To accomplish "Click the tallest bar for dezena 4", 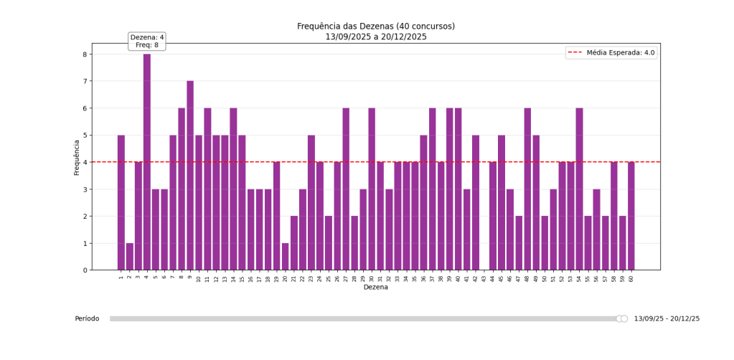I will pyautogui.click(x=147, y=161).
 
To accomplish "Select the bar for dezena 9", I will pyautogui.click(x=190, y=175).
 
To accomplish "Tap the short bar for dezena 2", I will pyautogui.click(x=130, y=256).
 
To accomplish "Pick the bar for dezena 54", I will pyautogui.click(x=579, y=189).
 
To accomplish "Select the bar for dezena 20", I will pyautogui.click(x=286, y=256).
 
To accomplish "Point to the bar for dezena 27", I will pyautogui.click(x=346, y=189).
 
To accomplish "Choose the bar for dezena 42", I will pyautogui.click(x=476, y=202).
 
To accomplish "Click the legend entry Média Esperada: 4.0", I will pyautogui.click(x=611, y=52).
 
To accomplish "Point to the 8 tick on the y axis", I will pyautogui.click(x=84, y=55).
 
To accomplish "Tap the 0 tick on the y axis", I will pyautogui.click(x=84, y=270).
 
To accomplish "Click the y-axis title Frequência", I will pyautogui.click(x=76, y=157).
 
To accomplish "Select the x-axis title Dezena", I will pyautogui.click(x=375, y=287).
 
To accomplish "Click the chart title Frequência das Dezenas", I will pyautogui.click(x=375, y=27).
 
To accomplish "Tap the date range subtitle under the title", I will pyautogui.click(x=375, y=37).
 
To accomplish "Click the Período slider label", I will pyautogui.click(x=87, y=318).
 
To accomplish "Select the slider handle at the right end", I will pyautogui.click(x=624, y=318).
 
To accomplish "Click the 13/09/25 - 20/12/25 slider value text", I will pyautogui.click(x=667, y=318).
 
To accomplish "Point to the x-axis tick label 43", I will pyautogui.click(x=484, y=278).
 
